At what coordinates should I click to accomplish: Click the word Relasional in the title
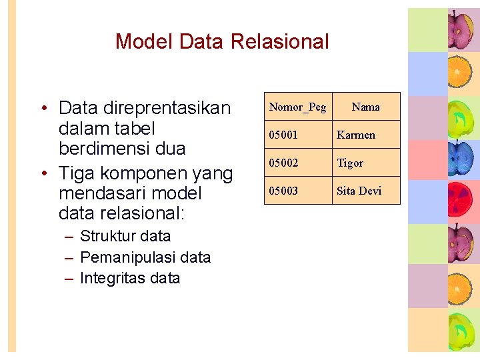point(279,41)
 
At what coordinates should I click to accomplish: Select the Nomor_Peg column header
point(297,107)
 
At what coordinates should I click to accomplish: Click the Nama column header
point(365,107)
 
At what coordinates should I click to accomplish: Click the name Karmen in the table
point(356,135)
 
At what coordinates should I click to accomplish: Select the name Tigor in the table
point(350,163)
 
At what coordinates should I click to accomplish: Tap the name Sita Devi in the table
point(359,191)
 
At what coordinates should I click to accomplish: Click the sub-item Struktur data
point(125,236)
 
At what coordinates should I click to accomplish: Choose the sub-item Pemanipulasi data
point(145,257)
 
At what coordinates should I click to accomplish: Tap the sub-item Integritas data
point(130,278)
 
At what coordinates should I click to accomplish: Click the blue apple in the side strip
point(461,158)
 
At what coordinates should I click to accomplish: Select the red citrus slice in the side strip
point(461,201)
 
